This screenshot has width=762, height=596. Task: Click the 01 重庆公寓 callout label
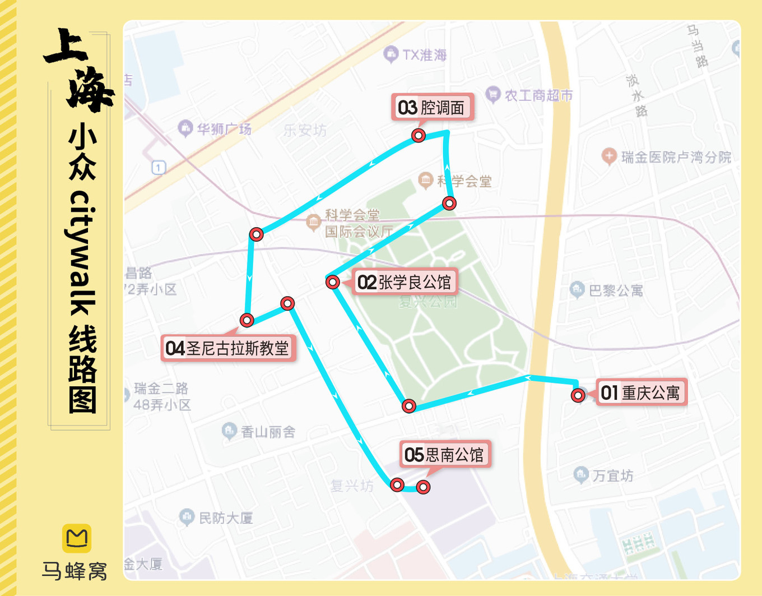tap(640, 392)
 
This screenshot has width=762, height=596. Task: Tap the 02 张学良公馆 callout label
tap(405, 282)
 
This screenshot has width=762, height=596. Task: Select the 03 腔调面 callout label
tap(431, 108)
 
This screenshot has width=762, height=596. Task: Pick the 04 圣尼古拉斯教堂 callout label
tap(227, 348)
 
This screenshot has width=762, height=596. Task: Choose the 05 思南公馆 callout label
tap(444, 454)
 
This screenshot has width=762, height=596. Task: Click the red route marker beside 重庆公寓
tap(578, 396)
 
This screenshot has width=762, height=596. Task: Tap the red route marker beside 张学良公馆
tap(332, 281)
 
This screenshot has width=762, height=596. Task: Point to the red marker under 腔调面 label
tap(418, 136)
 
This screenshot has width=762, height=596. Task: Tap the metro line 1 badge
tap(159, 167)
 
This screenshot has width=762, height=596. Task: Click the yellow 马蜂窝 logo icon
tap(76, 538)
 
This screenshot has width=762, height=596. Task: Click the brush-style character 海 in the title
tap(90, 90)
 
